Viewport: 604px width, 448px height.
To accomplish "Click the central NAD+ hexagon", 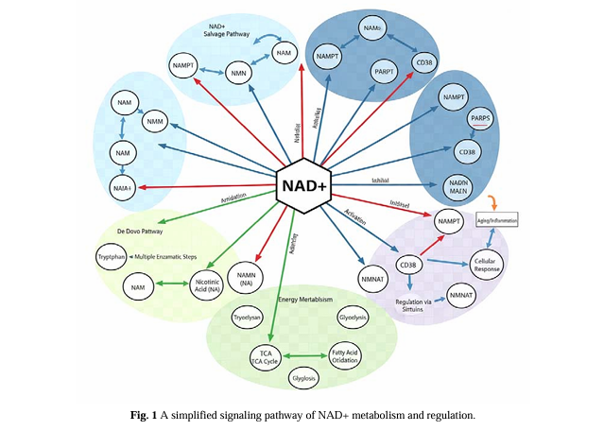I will tap(302, 185).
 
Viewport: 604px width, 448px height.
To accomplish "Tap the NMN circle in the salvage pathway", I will tap(239, 72).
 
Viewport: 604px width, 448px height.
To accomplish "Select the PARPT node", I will tap(383, 72).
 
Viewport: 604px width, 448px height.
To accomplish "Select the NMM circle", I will tap(155, 120).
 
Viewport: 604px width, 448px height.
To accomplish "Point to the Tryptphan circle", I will tap(112, 256).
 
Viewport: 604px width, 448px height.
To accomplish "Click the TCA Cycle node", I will tap(265, 357).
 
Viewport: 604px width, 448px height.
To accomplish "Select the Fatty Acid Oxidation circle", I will tap(344, 356).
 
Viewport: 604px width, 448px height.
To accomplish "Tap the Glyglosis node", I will tap(303, 378).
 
